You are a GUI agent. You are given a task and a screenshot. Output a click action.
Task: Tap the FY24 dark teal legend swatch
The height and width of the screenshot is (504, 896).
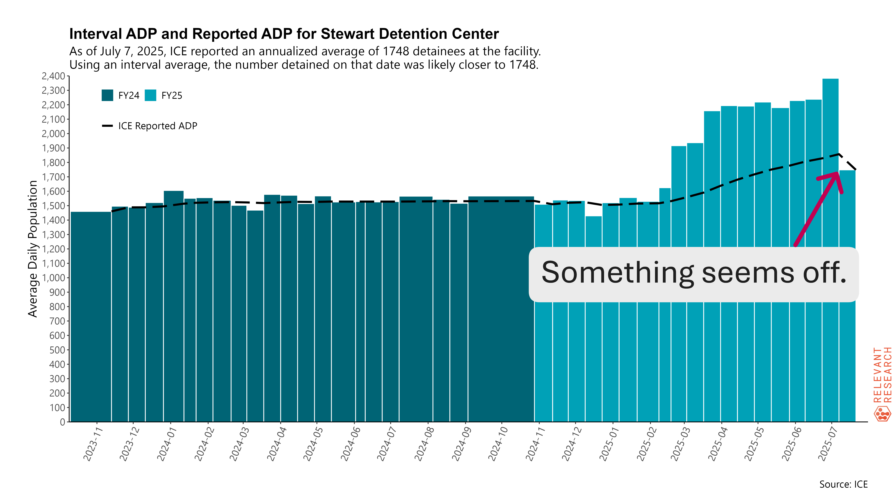[x=107, y=95]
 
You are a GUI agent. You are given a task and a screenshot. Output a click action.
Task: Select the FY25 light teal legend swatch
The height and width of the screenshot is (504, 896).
[x=150, y=95]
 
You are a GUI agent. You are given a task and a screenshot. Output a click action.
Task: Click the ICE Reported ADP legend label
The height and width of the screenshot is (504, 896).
[x=158, y=126]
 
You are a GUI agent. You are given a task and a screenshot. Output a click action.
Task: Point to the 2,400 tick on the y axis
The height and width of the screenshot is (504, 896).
[x=53, y=76]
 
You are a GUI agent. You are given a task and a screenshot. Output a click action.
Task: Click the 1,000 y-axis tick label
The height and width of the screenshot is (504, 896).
[x=53, y=278]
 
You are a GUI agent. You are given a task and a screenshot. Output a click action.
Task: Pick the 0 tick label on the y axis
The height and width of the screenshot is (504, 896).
[x=63, y=422]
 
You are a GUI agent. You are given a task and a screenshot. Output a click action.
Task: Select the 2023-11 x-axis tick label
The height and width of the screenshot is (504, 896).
[x=93, y=444]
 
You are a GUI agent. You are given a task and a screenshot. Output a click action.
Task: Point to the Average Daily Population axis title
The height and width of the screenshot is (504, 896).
[x=33, y=249]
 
